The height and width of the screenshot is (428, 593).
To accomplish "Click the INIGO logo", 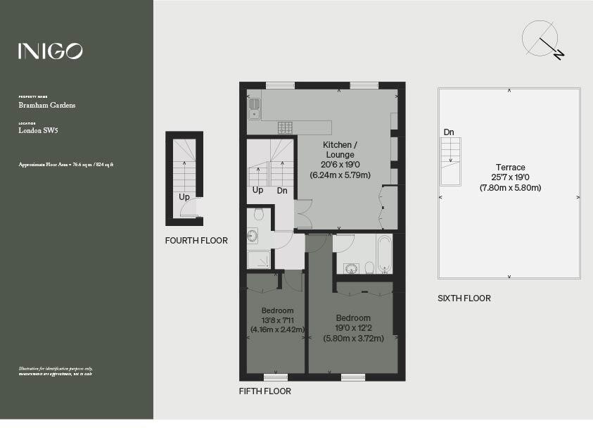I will tap(50, 51).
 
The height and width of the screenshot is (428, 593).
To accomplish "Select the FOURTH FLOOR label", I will tap(196, 241).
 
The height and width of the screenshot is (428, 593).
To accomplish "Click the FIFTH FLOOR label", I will tap(264, 391).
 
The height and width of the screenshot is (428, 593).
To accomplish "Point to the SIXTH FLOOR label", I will tap(464, 298).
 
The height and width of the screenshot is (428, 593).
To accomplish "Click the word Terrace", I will tap(510, 168).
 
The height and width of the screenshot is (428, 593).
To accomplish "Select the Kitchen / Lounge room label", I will tap(339, 149).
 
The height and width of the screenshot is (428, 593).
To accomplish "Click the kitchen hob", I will tap(285, 127).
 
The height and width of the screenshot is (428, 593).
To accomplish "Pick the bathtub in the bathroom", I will tap(384, 254).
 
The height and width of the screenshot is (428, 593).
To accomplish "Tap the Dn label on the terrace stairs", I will tap(449, 132).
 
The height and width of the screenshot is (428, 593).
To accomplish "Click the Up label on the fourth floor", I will tap(184, 197).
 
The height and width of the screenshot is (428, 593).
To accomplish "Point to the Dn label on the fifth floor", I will tap(282, 190).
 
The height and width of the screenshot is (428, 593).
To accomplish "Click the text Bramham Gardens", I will tap(47, 106).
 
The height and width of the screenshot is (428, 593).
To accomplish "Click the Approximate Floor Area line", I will tap(66, 164).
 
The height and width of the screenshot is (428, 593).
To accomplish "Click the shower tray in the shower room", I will tap(258, 260).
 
